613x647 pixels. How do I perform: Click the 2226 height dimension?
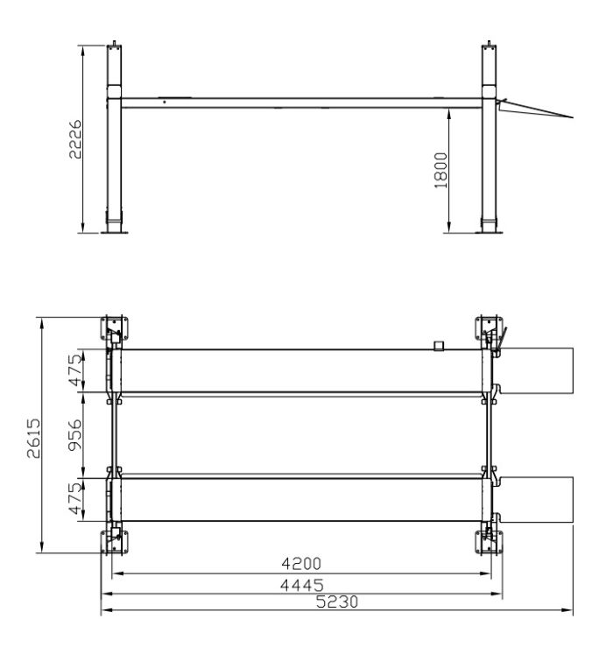[75, 139]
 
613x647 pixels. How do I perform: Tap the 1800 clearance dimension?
[440, 170]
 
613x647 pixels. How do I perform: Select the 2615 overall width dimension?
[34, 439]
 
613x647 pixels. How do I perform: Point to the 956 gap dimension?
[74, 435]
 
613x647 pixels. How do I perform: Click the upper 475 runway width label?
[75, 370]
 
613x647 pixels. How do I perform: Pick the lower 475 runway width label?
[75, 498]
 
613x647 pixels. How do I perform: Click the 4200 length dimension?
[301, 563]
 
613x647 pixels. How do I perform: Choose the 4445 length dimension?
[302, 585]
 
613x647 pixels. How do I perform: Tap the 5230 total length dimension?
[337, 601]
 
